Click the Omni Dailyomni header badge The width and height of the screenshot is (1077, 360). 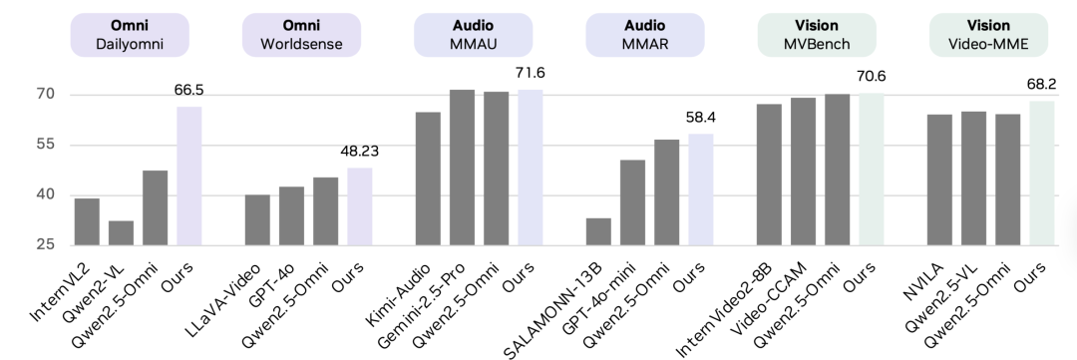(x=129, y=34)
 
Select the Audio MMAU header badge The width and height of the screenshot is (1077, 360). (x=473, y=34)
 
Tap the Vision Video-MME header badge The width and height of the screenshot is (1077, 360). (x=987, y=34)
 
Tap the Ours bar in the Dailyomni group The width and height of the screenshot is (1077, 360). (x=188, y=176)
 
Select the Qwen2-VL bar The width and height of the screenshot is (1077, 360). (x=121, y=232)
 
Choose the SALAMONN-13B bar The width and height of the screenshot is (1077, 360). (x=598, y=231)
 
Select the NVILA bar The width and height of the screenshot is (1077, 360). (x=939, y=180)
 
